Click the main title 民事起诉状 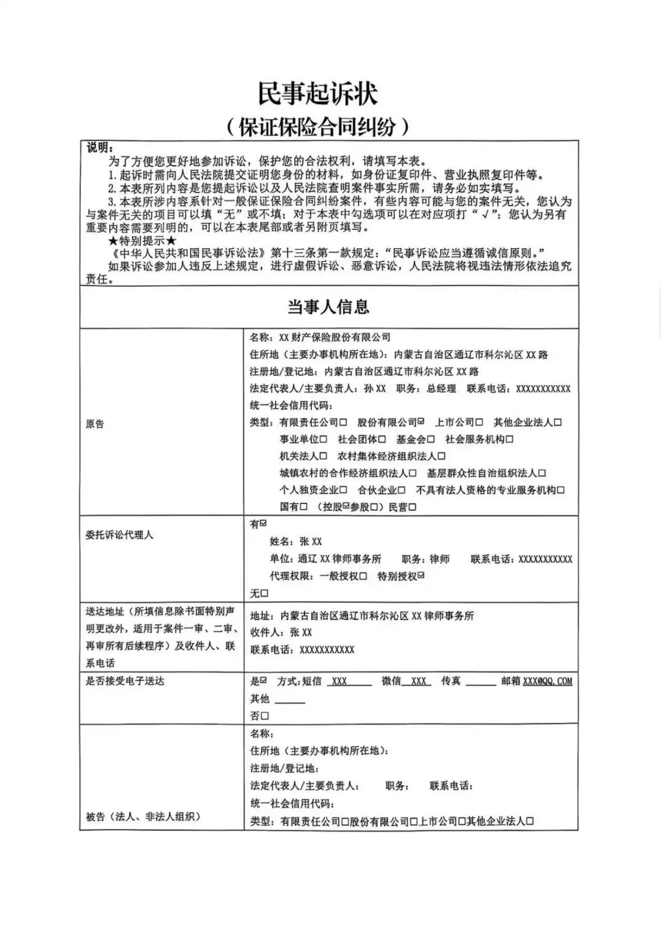317,94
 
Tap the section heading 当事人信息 328,307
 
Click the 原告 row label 95,424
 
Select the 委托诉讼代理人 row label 119,535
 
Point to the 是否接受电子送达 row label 125,681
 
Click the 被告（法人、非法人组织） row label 142,817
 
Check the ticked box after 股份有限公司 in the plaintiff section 421,422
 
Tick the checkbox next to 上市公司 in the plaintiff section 479,422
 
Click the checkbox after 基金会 431,439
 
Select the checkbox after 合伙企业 401,490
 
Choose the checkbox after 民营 413,507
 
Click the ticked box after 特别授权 421,576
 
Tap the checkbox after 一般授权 363,576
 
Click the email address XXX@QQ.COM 548,681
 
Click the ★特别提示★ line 142,240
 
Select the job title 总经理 441,389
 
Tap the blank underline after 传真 481,682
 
